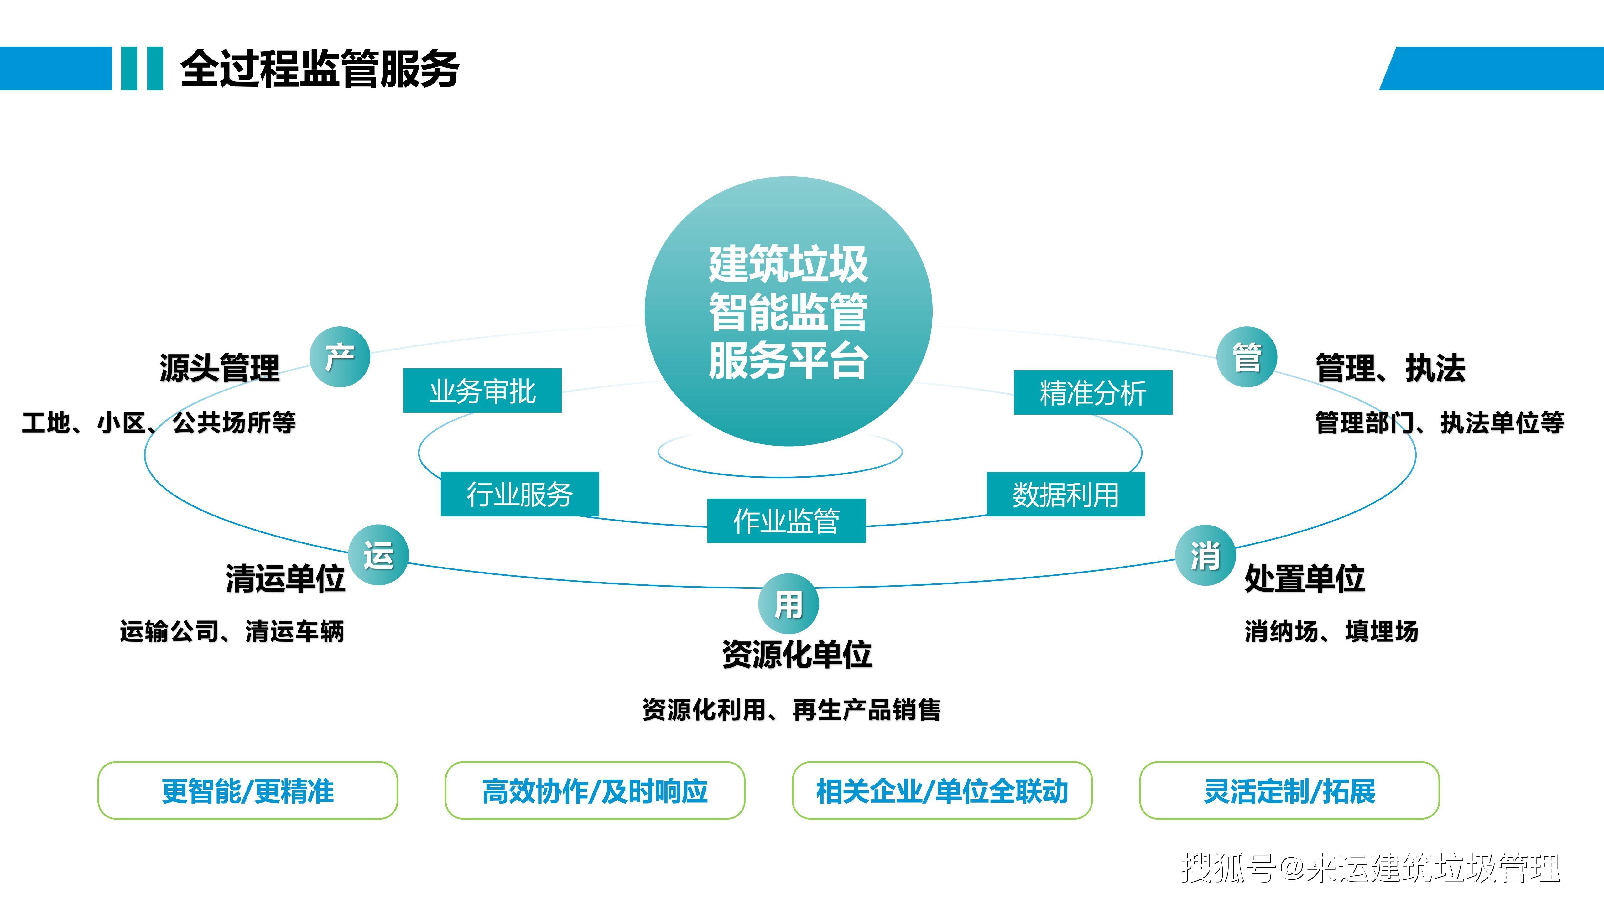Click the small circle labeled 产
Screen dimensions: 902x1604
[x=340, y=357]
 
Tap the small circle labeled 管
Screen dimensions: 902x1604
[x=1247, y=357]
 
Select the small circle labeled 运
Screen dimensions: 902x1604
[x=378, y=555]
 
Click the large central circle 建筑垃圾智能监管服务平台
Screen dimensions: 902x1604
[x=788, y=311]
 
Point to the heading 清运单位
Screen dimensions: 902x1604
[x=285, y=578]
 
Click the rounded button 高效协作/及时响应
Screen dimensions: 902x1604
[x=595, y=791]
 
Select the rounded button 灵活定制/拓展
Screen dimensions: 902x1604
[x=1289, y=791]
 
